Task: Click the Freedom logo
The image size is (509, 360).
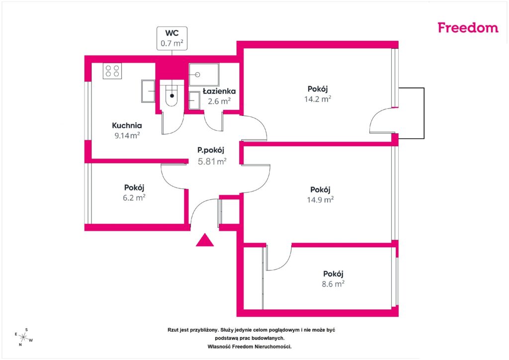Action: [x=468, y=27]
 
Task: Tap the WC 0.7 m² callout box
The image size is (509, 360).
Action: [x=172, y=38]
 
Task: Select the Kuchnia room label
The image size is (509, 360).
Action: [x=127, y=125]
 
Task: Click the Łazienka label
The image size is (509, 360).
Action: [x=219, y=91]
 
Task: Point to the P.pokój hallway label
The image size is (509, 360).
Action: [x=211, y=150]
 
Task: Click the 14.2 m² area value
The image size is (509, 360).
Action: [x=318, y=99]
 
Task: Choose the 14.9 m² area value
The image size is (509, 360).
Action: [x=321, y=199]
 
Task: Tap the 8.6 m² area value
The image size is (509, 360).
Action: [x=333, y=284]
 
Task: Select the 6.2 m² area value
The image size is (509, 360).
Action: [x=134, y=197]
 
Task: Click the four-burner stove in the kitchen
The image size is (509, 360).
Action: [x=112, y=71]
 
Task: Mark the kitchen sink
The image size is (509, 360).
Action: [x=148, y=91]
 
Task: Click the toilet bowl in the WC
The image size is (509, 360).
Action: [x=171, y=95]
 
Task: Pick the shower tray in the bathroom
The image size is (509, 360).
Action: [x=204, y=75]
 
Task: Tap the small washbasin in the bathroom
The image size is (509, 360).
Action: [x=194, y=100]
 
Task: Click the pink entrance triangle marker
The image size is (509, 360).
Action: [x=205, y=240]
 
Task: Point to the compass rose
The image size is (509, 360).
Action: [x=23, y=337]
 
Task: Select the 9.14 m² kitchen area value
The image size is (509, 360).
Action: [x=127, y=136]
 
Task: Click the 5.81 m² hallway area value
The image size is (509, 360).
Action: [x=212, y=161]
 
